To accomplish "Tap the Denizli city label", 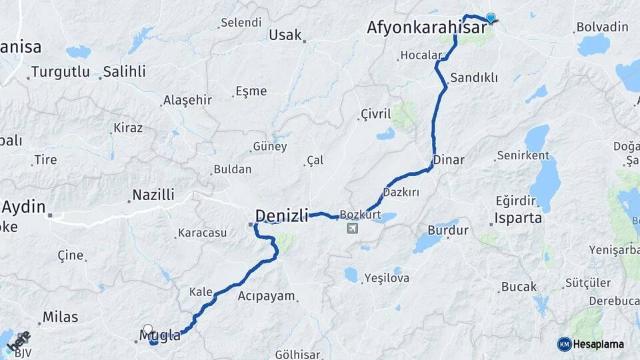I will [282, 215].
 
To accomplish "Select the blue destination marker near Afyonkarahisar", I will [491, 17].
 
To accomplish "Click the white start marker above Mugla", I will [148, 329].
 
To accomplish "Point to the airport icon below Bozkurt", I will [351, 229].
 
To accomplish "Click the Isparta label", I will [517, 218].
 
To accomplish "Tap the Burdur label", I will [448, 231].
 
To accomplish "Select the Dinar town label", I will [449, 160].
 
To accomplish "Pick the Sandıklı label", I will [474, 77].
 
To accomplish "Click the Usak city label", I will [285, 35].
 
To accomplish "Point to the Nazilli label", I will [153, 195].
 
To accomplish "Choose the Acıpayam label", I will [266, 296].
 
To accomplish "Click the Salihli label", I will [124, 72].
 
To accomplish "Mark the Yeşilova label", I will [387, 278].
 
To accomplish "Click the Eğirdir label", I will [516, 200].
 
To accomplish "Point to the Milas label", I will [60, 317].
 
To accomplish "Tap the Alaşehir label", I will [187, 100].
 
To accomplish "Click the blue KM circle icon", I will [565, 344].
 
